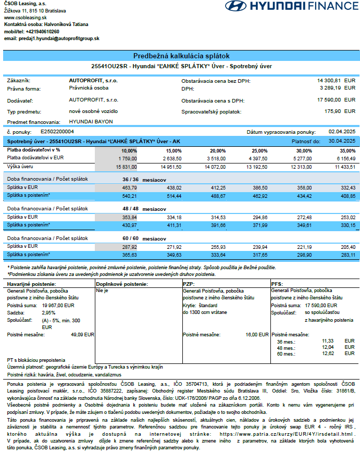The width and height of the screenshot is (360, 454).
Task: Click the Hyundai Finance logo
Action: coord(292,7)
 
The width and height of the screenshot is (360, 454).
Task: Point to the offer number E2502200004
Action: coord(57,132)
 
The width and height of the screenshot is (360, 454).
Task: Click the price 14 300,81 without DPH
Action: coord(329,81)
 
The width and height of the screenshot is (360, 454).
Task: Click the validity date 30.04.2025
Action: coord(342,141)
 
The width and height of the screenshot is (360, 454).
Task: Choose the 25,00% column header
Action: coord(261,150)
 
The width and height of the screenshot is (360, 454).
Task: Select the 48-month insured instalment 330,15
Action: coord(347,224)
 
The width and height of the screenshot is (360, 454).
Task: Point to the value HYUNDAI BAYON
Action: coord(91,121)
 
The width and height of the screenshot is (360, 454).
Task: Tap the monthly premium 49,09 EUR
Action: coord(83,335)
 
